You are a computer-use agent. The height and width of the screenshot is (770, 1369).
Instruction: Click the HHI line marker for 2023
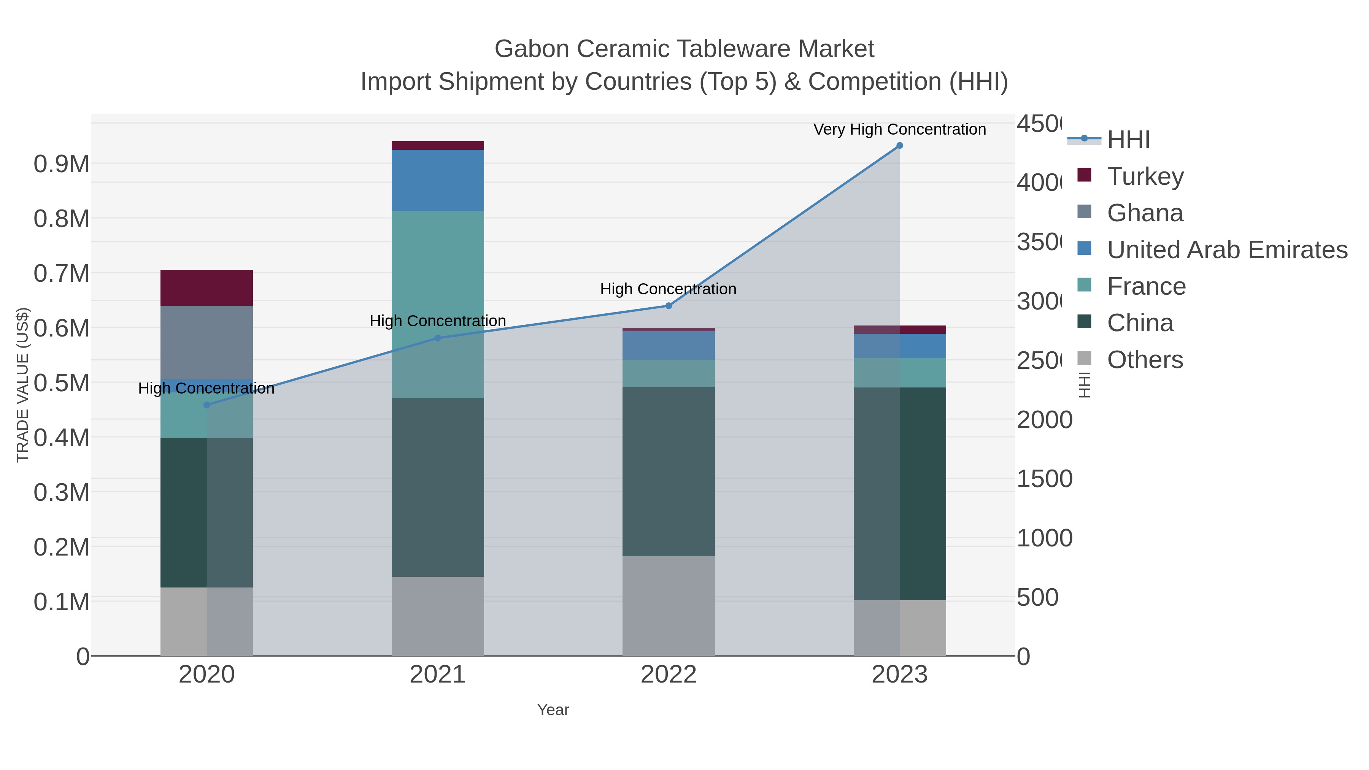[899, 146]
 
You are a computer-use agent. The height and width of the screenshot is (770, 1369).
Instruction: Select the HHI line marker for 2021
[437, 338]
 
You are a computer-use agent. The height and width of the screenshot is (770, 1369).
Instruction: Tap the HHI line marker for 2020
[207, 405]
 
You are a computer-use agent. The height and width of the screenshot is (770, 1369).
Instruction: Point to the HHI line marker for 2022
[669, 306]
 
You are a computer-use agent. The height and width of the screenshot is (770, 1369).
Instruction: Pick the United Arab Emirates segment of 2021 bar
[437, 180]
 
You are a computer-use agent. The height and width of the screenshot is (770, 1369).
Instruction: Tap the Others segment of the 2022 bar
[669, 606]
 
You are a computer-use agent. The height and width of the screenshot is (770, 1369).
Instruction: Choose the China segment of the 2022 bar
[669, 472]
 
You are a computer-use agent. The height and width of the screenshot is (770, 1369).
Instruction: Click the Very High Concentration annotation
[899, 129]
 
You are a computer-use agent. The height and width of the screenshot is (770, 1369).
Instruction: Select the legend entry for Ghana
[1145, 213]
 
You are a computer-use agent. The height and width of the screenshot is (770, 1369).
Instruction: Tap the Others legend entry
[1145, 359]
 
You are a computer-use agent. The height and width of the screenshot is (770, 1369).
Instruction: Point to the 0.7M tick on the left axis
[61, 274]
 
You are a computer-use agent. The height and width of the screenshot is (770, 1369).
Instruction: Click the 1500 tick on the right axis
[1044, 479]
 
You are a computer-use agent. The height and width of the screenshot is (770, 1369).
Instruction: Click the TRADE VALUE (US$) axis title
[22, 385]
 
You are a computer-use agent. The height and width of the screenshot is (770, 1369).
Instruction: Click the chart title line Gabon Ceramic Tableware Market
[684, 49]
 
